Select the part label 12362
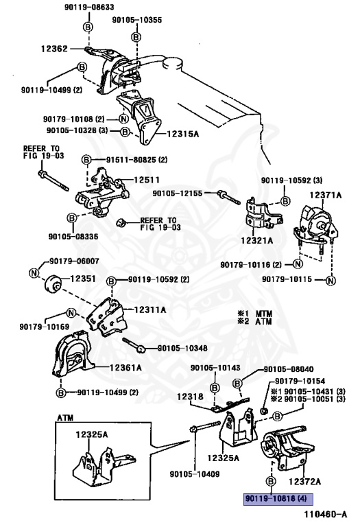click(54, 49)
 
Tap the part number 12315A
click(182, 134)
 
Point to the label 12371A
click(325, 195)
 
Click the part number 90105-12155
click(178, 194)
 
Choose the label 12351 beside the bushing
click(82, 279)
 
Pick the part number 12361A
click(125, 367)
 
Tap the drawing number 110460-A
click(326, 514)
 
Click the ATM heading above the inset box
click(65, 418)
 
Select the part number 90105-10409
click(195, 474)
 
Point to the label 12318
click(190, 397)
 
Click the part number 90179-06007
click(74, 261)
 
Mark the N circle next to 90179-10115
click(331, 280)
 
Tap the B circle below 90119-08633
click(88, 27)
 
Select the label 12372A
click(304, 482)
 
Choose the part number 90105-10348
click(182, 348)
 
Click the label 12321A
click(257, 240)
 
